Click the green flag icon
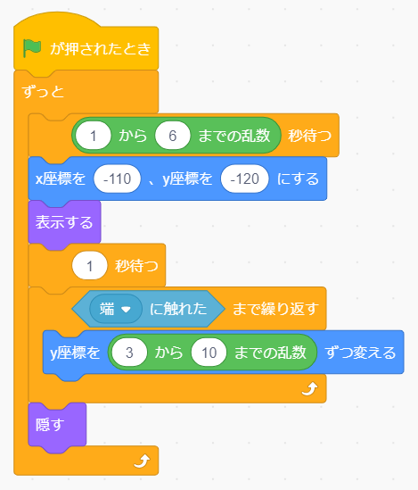tap(32, 48)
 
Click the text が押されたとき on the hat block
tap(101, 49)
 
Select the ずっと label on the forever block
tap(43, 92)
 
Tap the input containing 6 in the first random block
tap(173, 136)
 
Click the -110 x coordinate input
tap(118, 179)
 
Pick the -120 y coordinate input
tap(245, 179)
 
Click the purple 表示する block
tap(64, 223)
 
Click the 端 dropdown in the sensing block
tap(116, 309)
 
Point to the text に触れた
tap(178, 309)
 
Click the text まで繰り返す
tap(275, 309)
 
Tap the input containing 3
tap(129, 353)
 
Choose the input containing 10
tap(209, 353)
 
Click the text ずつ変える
tap(361, 353)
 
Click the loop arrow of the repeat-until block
tap(310, 389)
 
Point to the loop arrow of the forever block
tap(142, 461)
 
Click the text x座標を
tap(61, 179)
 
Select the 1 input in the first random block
tap(93, 136)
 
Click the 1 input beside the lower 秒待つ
tap(89, 266)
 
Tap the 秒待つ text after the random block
tap(309, 136)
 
